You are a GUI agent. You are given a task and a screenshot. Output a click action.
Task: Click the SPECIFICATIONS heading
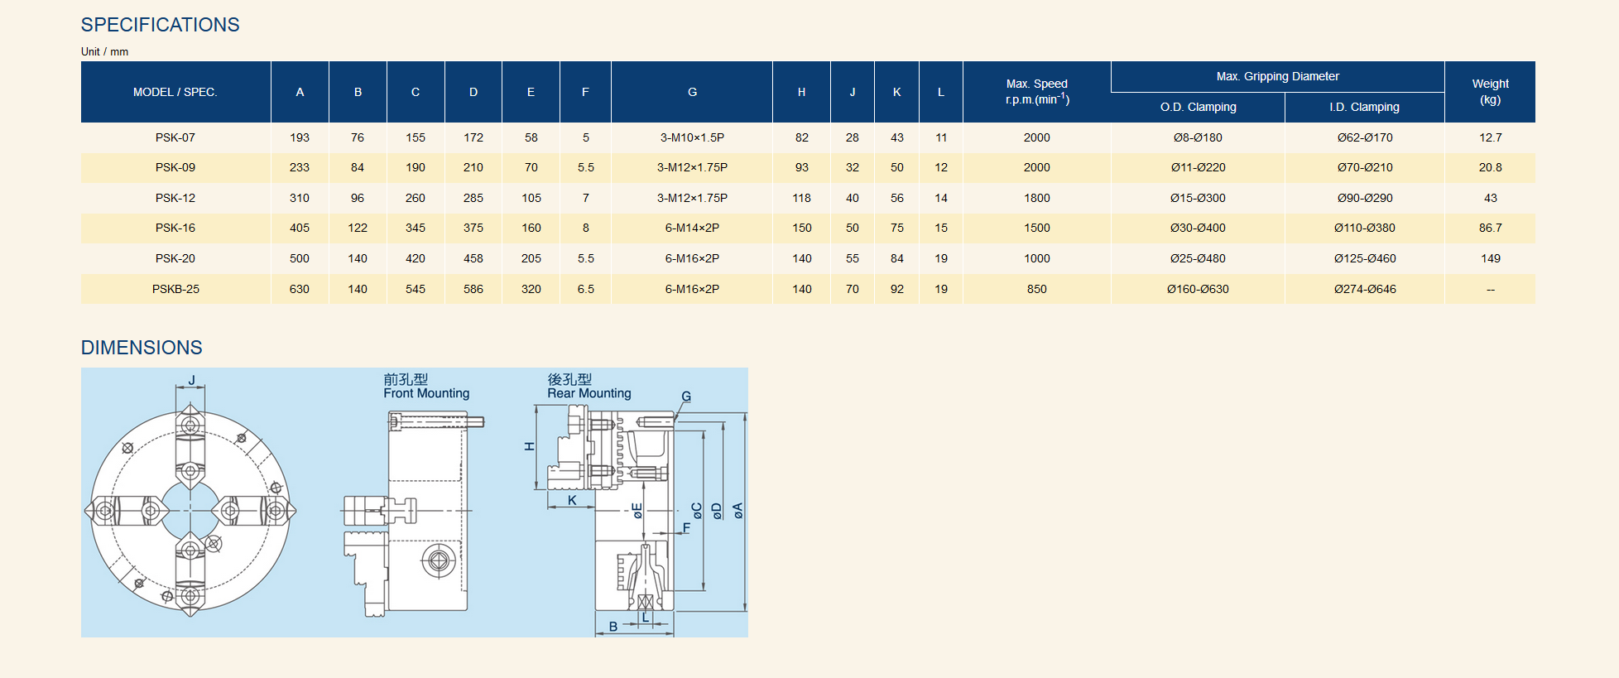(160, 25)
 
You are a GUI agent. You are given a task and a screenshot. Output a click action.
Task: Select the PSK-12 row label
(175, 198)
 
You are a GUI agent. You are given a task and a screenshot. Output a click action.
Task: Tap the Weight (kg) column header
(1490, 91)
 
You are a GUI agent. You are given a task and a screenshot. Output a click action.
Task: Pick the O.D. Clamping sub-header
(1198, 107)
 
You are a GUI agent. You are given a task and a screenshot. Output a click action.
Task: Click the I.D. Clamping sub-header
(1364, 107)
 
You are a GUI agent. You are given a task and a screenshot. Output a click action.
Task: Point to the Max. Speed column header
(1036, 91)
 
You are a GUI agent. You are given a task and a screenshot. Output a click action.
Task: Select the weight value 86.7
(1490, 228)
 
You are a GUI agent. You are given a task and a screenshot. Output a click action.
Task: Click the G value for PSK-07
(692, 137)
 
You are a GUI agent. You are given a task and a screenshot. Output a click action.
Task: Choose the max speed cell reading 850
(1036, 289)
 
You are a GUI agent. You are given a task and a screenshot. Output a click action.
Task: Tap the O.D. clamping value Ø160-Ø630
(1198, 289)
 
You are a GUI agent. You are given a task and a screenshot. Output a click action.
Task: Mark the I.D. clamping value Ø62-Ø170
(1365, 137)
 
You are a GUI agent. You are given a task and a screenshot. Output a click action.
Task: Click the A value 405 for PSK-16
(300, 228)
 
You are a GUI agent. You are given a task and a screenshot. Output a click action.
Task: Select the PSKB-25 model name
(175, 289)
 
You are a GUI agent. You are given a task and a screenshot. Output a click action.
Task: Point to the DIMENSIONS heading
(142, 348)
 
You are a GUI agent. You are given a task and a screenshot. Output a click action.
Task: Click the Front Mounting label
(426, 393)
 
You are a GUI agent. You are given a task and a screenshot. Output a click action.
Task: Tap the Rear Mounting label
(589, 393)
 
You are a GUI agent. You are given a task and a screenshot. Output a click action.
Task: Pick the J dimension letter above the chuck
(191, 381)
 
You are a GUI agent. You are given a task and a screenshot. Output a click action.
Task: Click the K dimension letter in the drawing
(572, 500)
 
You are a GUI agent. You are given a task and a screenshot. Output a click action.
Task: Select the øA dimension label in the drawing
(737, 511)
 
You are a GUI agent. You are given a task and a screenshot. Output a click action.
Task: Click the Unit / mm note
(104, 51)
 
